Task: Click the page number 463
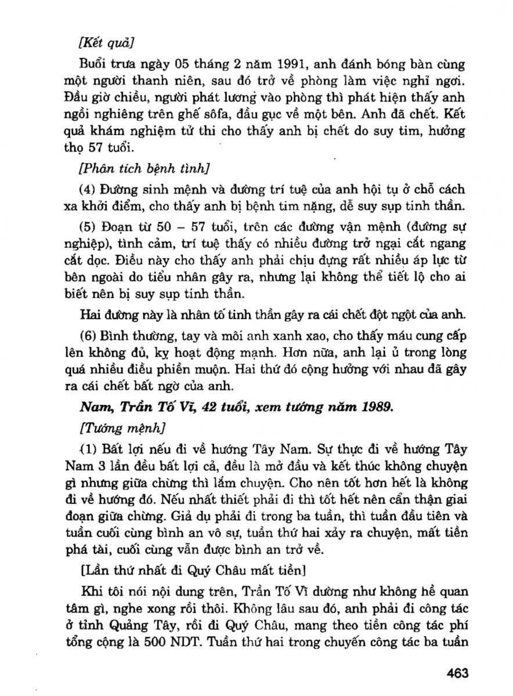(457, 673)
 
